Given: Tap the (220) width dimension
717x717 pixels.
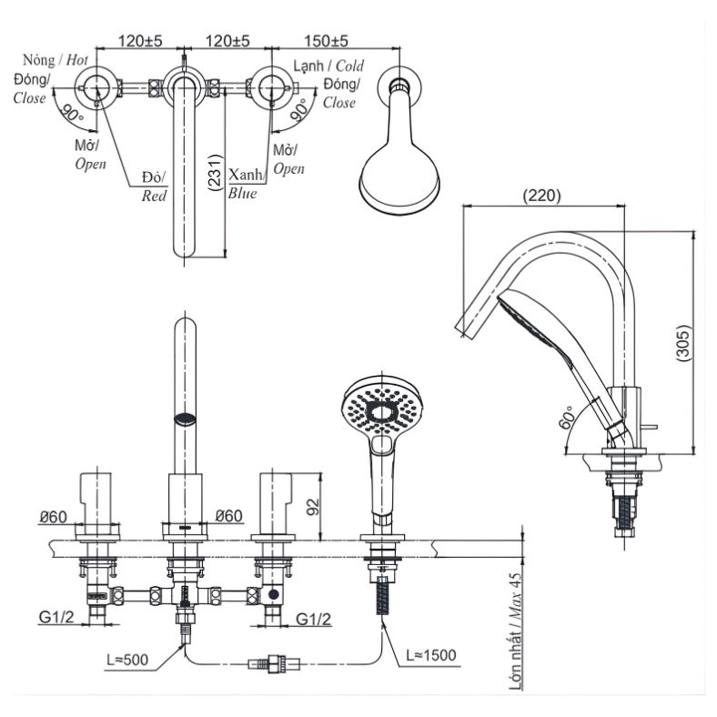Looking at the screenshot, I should [x=542, y=195].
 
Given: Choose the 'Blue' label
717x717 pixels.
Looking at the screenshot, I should [x=243, y=193].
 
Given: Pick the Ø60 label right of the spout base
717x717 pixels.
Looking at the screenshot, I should [x=229, y=517].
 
